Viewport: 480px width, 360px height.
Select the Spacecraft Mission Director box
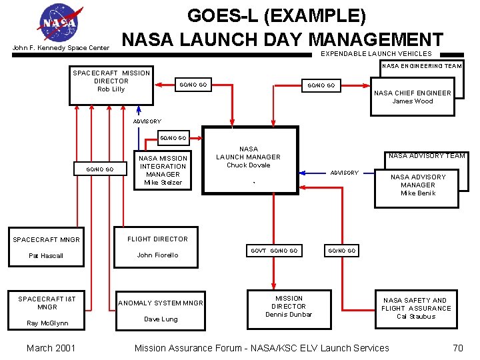point(111,85)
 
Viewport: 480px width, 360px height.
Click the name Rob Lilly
point(111,89)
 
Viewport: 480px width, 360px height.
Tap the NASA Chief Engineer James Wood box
point(412,97)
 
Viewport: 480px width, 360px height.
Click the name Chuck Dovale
point(248,165)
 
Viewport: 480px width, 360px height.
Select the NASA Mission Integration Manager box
point(163,170)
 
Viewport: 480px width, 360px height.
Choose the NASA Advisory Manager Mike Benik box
point(418,185)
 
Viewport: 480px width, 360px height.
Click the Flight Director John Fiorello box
point(157,247)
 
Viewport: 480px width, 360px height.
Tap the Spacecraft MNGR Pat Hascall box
point(46,247)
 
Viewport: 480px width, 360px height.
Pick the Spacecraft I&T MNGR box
point(47,311)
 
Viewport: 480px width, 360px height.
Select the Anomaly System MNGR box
point(161,311)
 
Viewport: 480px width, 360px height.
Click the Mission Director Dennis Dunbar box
point(289,307)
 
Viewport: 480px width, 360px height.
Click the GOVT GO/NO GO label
point(274,251)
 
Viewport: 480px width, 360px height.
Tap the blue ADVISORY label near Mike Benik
point(344,173)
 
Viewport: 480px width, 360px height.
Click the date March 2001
point(51,347)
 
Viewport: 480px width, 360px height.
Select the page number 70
point(457,347)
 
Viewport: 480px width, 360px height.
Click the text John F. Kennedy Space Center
point(61,48)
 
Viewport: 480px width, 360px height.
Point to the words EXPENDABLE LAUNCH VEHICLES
point(376,53)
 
